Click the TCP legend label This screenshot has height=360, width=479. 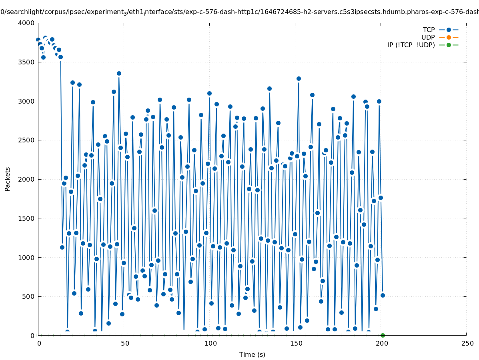429,30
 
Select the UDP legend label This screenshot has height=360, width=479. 428,38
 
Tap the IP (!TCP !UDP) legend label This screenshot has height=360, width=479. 411,45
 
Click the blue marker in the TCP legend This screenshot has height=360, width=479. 449,30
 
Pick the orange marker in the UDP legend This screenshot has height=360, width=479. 449,38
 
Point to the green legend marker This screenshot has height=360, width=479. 449,45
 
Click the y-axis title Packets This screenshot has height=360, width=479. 8,179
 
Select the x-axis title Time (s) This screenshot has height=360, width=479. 252,354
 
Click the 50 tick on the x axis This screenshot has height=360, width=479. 124,343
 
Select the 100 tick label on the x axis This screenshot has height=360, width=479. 210,343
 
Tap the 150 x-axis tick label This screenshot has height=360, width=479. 295,343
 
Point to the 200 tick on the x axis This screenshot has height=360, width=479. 381,343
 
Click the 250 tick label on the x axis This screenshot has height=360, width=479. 467,343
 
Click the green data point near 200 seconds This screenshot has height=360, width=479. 383,335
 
